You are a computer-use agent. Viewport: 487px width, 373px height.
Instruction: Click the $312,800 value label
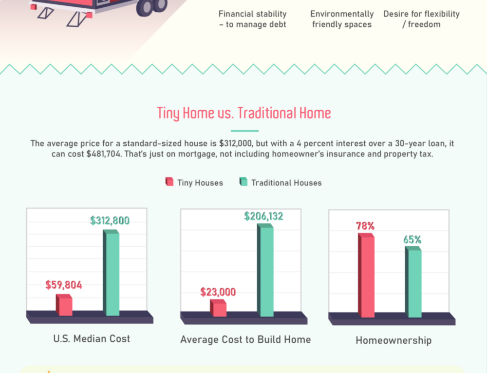[x=110, y=220]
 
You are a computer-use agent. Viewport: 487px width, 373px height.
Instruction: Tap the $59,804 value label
[x=63, y=285]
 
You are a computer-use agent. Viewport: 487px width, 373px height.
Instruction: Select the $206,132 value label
[x=263, y=216]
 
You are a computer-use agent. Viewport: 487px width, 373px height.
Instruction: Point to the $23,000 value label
[x=218, y=292]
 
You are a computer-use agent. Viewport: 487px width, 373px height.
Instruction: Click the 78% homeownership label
[x=366, y=226]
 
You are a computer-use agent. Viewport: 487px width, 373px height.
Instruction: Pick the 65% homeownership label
[x=412, y=239]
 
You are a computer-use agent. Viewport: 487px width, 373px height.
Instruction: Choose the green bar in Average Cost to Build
[x=265, y=270]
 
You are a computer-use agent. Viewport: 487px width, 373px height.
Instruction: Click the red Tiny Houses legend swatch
[x=169, y=182]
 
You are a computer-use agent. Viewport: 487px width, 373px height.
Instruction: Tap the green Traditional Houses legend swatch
[x=243, y=182]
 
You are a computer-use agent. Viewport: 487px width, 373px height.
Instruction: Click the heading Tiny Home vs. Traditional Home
[x=244, y=114]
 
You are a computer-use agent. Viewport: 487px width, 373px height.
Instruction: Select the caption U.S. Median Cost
[x=92, y=338]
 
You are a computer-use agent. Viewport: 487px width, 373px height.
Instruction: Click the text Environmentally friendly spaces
[x=342, y=19]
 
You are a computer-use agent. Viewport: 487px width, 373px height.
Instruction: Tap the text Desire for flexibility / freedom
[x=421, y=19]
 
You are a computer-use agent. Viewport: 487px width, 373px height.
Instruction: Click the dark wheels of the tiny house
[x=151, y=6]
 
